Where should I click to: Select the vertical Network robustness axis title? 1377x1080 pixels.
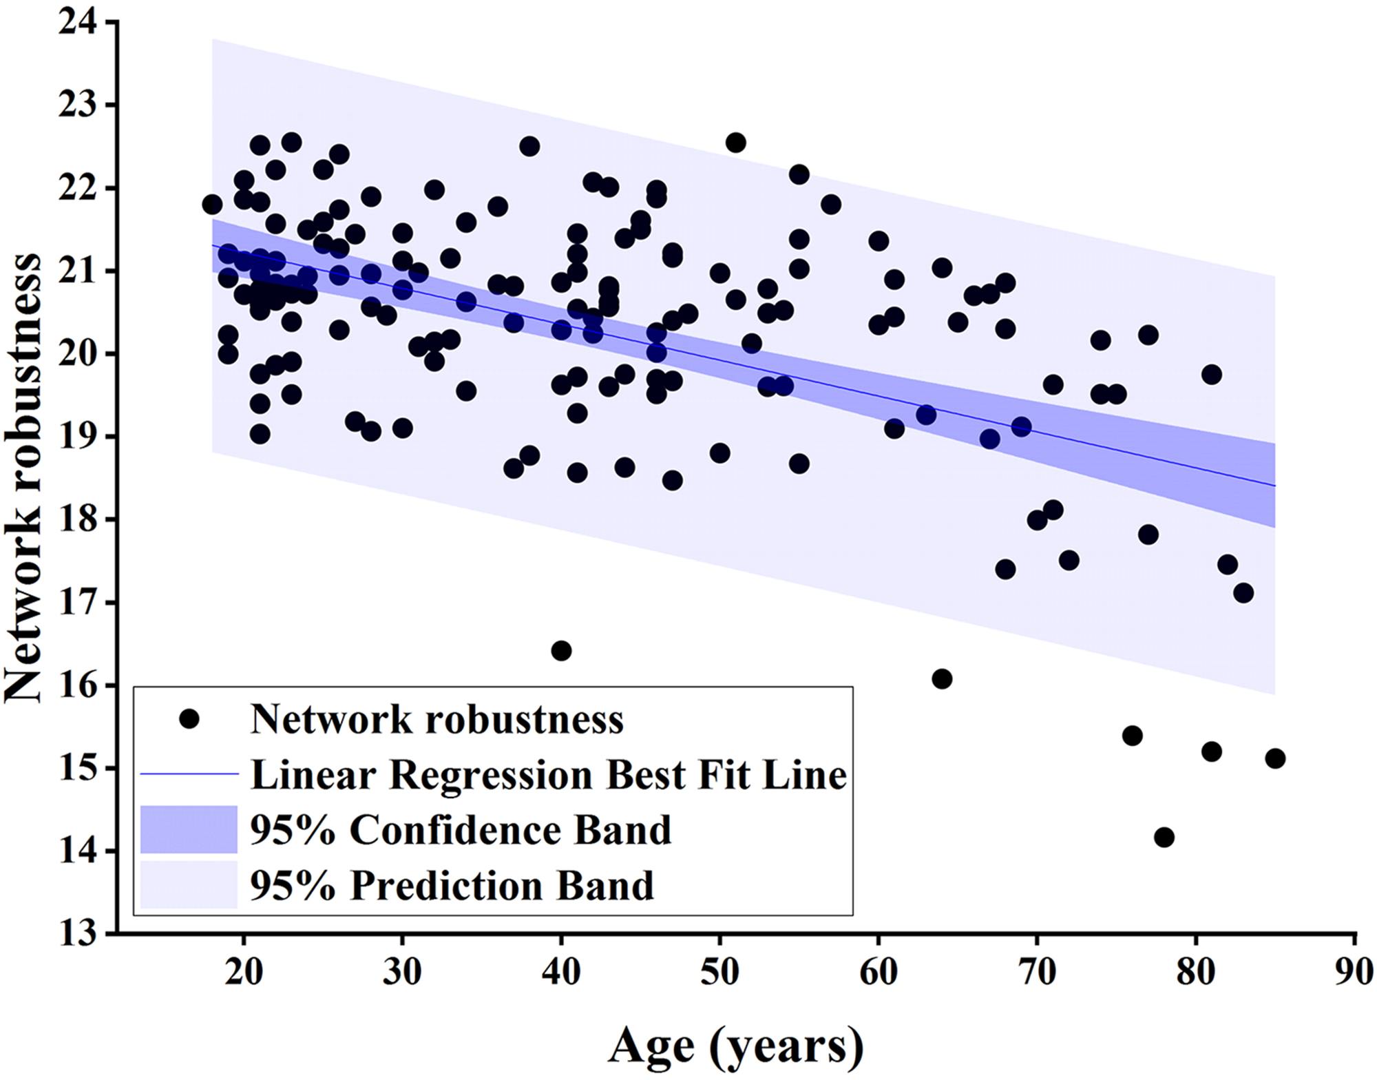pyautogui.click(x=24, y=478)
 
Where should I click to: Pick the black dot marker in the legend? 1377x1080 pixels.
pyautogui.click(x=189, y=720)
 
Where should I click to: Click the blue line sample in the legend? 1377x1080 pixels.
pyautogui.click(x=189, y=774)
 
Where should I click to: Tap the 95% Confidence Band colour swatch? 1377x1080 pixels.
pyautogui.click(x=189, y=829)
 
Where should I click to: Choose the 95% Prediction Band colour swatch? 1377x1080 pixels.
pyautogui.click(x=189, y=884)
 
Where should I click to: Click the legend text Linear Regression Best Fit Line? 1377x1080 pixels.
pyautogui.click(x=548, y=775)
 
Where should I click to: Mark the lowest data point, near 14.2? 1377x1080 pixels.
pyautogui.click(x=1164, y=838)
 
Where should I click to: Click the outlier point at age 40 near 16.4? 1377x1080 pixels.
pyautogui.click(x=561, y=650)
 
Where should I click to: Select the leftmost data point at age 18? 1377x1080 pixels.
pyautogui.click(x=212, y=205)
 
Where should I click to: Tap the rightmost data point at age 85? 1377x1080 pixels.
pyautogui.click(x=1275, y=758)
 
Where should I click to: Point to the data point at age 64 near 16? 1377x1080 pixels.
pyautogui.click(x=942, y=678)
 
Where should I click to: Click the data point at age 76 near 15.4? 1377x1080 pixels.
pyautogui.click(x=1133, y=736)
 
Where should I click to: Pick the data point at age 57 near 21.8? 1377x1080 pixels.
pyautogui.click(x=831, y=205)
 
